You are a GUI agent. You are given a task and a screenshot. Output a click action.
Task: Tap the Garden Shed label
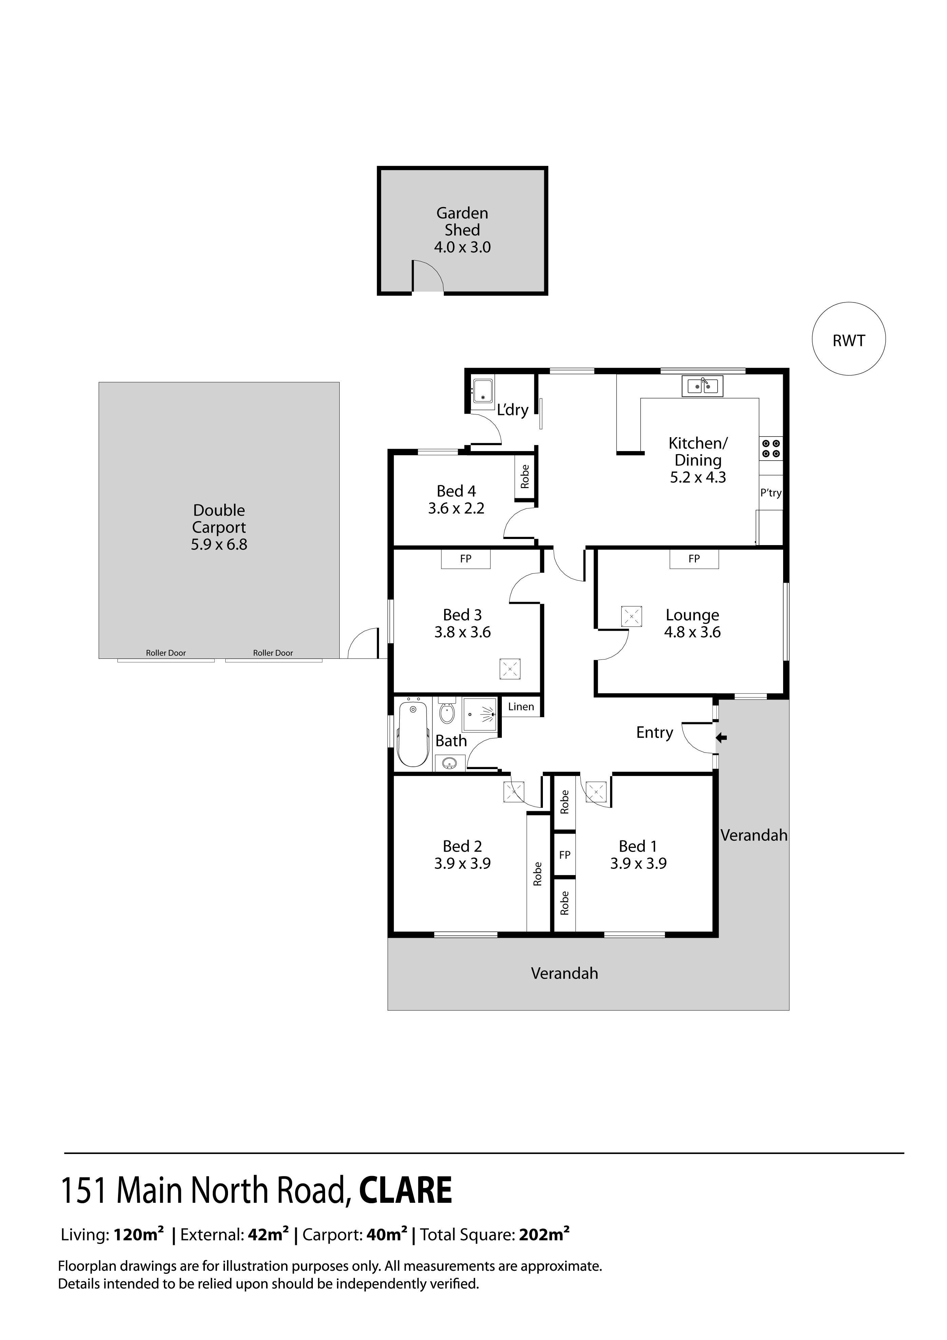coord(462,222)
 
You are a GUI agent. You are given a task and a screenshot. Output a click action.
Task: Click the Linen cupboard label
coord(521,707)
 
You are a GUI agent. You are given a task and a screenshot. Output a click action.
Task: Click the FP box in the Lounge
coord(694,559)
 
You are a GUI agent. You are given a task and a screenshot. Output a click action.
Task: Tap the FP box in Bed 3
coord(466,559)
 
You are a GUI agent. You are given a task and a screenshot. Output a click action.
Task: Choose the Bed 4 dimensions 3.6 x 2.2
coord(456,508)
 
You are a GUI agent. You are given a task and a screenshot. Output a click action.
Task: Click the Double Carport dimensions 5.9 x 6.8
coord(220,544)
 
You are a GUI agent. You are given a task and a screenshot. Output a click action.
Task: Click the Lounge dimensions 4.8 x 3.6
coord(693,632)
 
